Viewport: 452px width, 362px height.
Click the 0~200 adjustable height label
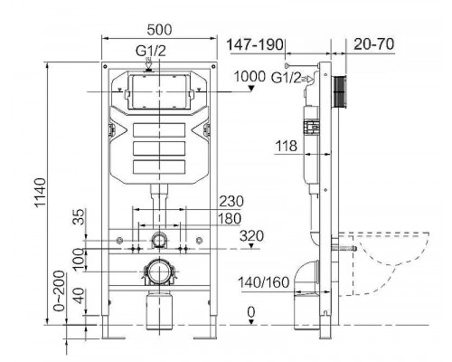click(61, 290)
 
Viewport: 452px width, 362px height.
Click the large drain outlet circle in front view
click(158, 271)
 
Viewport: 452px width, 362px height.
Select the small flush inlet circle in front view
click(159, 240)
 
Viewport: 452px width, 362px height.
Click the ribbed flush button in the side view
click(342, 90)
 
